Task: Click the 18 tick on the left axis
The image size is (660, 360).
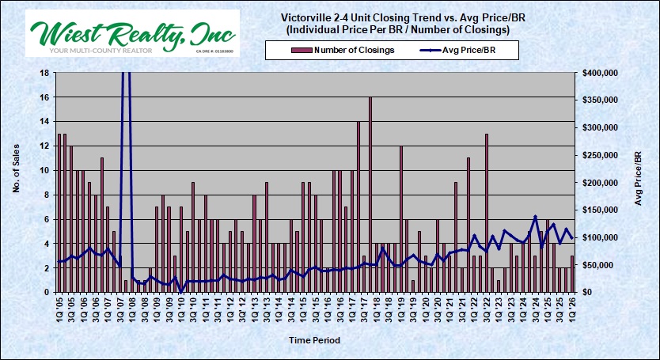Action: (44, 73)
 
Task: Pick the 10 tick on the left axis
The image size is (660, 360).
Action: (44, 170)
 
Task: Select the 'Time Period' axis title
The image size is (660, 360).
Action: (314, 340)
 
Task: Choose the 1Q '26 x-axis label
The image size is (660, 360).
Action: (572, 305)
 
